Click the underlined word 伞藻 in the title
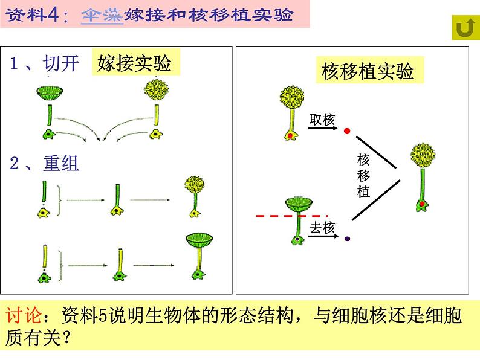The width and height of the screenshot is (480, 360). coord(102,15)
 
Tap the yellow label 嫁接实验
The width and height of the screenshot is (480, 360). coord(134,63)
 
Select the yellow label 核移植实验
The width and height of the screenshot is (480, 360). coord(368,71)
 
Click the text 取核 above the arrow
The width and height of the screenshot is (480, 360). coord(322,120)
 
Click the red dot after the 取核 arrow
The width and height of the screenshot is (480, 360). coord(347,130)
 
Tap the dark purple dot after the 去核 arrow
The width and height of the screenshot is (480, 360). coord(347,239)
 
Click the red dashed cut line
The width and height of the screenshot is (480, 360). coord(291,215)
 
